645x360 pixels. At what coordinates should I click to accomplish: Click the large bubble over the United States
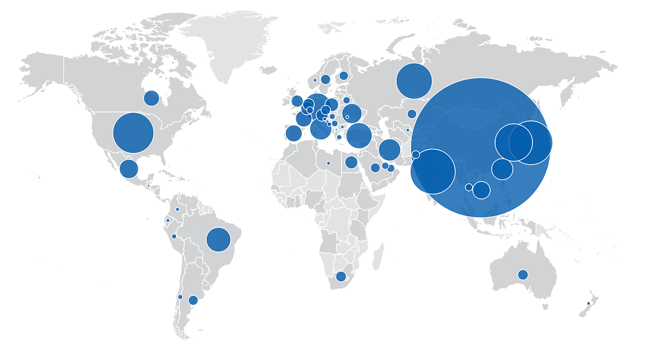click(x=133, y=133)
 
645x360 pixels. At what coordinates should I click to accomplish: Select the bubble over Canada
click(x=151, y=98)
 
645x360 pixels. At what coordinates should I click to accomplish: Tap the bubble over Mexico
click(x=129, y=169)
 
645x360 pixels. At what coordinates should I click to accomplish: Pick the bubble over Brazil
click(x=218, y=239)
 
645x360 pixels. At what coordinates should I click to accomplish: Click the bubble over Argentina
click(x=193, y=300)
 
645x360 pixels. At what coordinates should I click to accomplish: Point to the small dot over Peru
click(x=174, y=236)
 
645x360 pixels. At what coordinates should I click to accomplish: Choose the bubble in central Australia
click(x=523, y=274)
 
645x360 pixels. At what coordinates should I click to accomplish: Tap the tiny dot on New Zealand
click(x=588, y=303)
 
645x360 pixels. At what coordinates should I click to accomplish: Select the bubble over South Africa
click(x=341, y=276)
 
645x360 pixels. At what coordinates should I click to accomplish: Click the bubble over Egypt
click(x=351, y=162)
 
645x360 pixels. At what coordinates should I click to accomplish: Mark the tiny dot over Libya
click(x=328, y=163)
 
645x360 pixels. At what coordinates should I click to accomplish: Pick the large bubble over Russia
click(x=414, y=81)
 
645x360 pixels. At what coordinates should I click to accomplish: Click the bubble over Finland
click(x=343, y=76)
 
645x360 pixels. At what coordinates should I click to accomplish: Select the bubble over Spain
click(x=293, y=133)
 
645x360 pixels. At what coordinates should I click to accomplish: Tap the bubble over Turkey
click(x=359, y=135)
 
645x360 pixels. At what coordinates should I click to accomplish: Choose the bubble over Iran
click(x=389, y=150)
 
